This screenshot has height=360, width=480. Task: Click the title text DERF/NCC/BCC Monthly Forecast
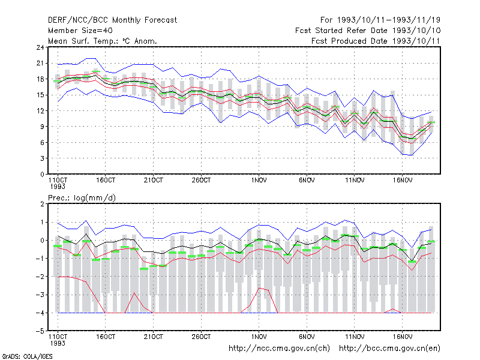112,20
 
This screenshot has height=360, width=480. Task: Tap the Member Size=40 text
80,31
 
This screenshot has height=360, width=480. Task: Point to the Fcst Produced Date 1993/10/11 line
376,41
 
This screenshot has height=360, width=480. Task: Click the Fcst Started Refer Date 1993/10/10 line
368,31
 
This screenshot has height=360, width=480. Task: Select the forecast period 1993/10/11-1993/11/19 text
380,20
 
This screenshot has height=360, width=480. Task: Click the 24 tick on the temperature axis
40,47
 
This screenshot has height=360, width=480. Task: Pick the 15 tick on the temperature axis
40,95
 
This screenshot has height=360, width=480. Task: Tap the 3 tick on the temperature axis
42,158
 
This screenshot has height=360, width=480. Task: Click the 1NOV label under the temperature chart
259,181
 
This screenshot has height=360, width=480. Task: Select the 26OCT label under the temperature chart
201,181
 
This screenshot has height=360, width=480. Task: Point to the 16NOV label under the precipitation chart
402,337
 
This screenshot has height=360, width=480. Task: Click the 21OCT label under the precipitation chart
154,337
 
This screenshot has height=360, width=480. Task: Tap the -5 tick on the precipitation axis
40,331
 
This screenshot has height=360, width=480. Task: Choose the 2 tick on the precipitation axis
42,204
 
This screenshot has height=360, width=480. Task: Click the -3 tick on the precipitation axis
40,295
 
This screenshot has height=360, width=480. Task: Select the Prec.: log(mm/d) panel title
82,198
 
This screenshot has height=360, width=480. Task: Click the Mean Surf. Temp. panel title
102,41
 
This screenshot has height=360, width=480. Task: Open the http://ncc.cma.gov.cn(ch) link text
279,349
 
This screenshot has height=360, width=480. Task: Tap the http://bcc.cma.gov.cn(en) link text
389,349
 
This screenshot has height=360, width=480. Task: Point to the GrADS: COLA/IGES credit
27,356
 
